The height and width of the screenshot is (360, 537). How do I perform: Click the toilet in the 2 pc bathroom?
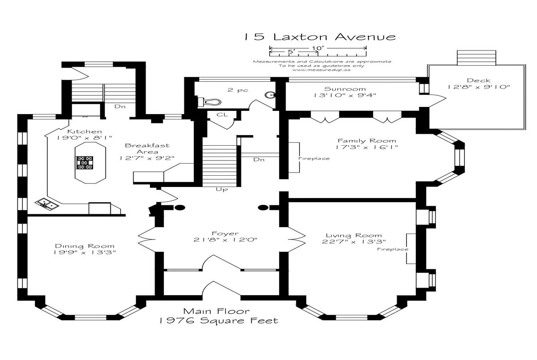[x=209, y=102]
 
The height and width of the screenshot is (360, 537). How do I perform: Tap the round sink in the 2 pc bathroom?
[x=270, y=95]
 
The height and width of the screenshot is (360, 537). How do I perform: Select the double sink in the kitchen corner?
[x=47, y=204]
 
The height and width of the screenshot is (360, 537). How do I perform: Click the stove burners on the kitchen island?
[x=85, y=162]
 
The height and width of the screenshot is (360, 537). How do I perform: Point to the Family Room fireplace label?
[x=314, y=159]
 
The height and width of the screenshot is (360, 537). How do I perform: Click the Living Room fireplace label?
[x=393, y=249]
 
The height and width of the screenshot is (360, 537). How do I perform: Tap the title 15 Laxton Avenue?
[x=320, y=37]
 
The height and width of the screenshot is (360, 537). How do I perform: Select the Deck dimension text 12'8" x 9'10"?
[x=479, y=87]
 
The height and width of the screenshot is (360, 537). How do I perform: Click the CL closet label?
[x=222, y=115]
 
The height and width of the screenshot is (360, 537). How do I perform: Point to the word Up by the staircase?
[x=222, y=190]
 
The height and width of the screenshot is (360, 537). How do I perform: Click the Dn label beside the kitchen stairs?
[x=120, y=106]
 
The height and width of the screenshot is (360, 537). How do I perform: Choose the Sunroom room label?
[x=345, y=89]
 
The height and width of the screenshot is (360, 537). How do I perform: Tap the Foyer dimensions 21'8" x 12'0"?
[x=226, y=240]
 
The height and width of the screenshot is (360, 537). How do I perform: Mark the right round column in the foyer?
[x=263, y=208]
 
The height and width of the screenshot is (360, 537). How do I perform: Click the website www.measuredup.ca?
[x=321, y=70]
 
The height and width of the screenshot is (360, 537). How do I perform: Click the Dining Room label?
[x=85, y=246]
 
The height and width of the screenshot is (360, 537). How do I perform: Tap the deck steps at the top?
[x=476, y=58]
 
